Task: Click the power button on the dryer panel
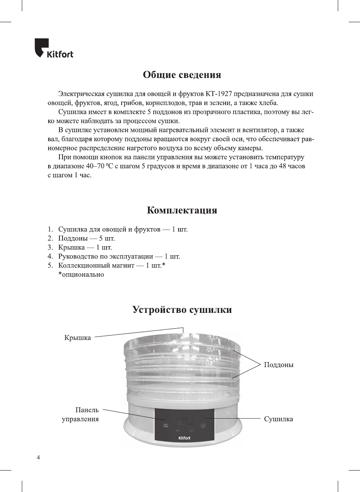[x=203, y=426]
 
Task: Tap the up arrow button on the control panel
[x=178, y=430]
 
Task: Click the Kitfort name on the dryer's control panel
[x=184, y=438]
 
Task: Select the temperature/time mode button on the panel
[x=165, y=426]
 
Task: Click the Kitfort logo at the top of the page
[x=54, y=49]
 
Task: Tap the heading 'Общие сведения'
[x=182, y=75]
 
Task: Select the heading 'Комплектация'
[x=182, y=210]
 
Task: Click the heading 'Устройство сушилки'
[x=182, y=310]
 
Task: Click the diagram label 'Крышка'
[x=78, y=338]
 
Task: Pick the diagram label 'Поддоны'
[x=279, y=365]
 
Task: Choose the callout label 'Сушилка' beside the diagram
[x=278, y=419]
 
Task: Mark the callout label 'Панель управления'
[x=81, y=414]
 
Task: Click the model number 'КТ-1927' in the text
[x=219, y=94]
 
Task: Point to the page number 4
[x=38, y=457]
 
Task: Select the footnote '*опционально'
[x=81, y=274]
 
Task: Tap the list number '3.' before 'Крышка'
[x=50, y=247]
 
